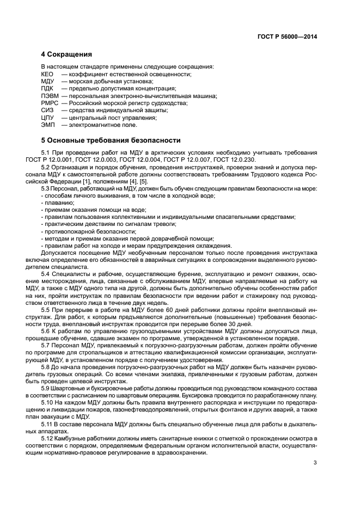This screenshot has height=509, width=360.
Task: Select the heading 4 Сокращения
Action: pos(66,54)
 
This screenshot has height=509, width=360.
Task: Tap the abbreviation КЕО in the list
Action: pos(48,73)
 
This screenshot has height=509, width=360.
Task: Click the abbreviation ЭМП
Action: pos(48,125)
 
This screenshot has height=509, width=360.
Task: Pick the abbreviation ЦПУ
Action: pos(48,118)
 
